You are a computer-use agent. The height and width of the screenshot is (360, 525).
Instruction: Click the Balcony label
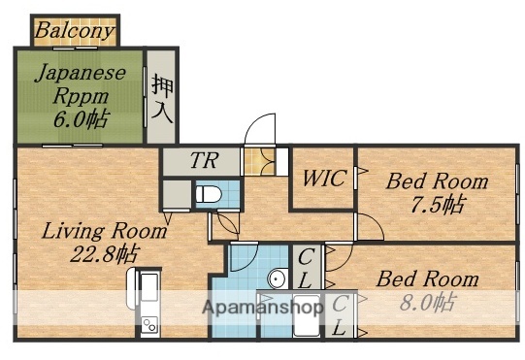pos(74,31)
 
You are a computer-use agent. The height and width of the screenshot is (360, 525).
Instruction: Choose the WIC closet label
pos(323,180)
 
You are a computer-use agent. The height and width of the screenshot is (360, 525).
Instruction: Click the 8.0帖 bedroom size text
pos(428,302)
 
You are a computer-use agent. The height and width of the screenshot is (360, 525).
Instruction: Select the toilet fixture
pos(208,194)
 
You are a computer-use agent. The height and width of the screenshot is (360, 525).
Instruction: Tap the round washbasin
pos(276,279)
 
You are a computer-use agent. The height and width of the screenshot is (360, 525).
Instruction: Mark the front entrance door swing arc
pos(261,130)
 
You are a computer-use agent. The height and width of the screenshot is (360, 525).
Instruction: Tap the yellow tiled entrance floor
pos(257,161)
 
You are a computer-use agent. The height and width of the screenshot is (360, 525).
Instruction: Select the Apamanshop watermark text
pos(262,307)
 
